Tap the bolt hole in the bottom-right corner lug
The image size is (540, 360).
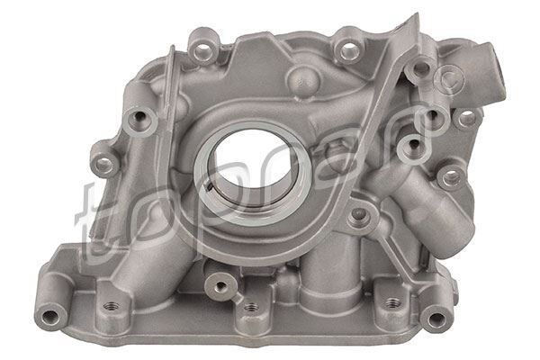436,316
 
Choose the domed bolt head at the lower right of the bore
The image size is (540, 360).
359,214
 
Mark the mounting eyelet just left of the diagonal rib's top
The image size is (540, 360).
345,41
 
